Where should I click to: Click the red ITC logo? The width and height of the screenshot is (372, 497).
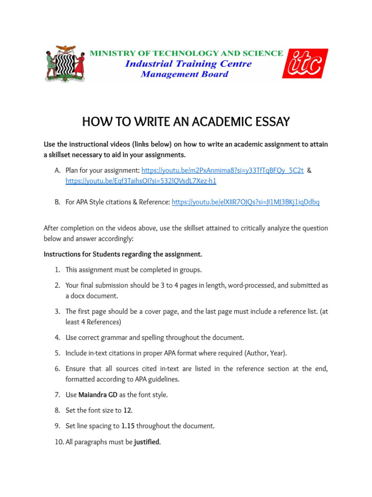(305, 64)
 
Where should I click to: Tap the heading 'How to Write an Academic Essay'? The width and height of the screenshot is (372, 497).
(186, 122)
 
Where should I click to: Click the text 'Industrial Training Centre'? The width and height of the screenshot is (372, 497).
(188, 64)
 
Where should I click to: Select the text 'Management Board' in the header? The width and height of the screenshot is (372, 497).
(185, 74)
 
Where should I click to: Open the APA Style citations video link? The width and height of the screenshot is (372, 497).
(246, 202)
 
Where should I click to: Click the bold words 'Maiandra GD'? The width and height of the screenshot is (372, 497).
(98, 395)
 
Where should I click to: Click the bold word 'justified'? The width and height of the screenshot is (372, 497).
(147, 442)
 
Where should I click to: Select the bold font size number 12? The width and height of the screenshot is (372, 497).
(127, 410)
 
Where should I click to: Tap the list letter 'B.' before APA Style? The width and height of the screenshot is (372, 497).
(57, 202)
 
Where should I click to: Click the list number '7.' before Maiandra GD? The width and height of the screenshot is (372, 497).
(57, 395)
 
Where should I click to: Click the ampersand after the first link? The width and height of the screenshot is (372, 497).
(310, 170)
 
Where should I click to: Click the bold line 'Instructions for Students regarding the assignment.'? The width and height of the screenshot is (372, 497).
(123, 254)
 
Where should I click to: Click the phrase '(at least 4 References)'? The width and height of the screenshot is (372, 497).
(194, 316)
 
